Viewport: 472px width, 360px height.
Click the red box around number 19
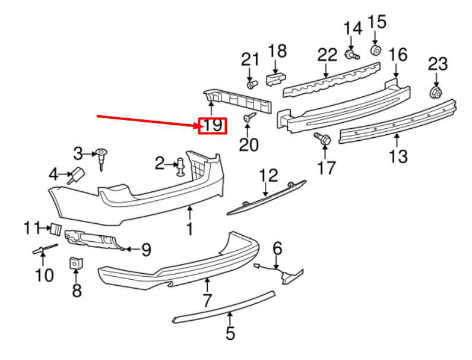(212, 125)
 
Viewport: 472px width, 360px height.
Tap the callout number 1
(189, 228)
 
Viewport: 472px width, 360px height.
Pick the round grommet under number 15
(376, 48)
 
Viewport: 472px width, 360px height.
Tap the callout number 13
(398, 156)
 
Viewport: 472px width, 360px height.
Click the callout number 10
(44, 275)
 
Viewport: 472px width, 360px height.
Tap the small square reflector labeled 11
(55, 228)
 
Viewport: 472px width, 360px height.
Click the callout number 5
(230, 334)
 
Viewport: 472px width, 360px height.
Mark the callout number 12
(268, 175)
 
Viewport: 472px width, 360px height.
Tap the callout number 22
(327, 55)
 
